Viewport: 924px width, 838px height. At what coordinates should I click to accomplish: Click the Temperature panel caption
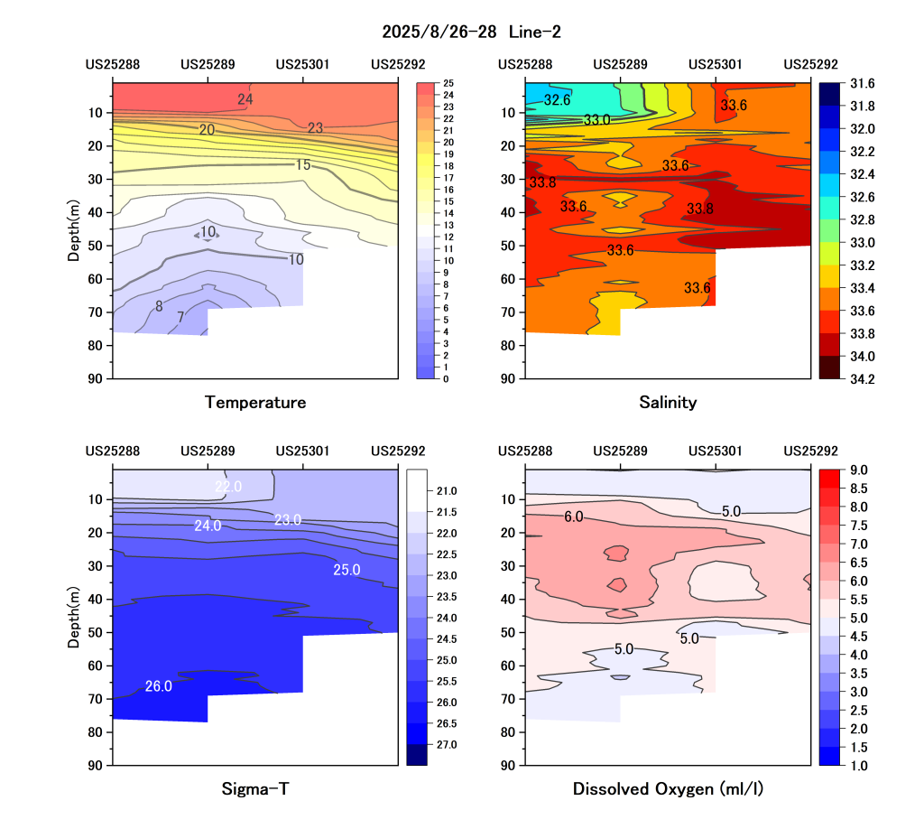tap(255, 403)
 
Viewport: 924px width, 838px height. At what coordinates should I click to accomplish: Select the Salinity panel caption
tap(668, 403)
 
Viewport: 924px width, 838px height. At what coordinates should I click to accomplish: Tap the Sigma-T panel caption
tap(255, 789)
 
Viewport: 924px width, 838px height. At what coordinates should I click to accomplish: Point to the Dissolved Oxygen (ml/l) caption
tap(668, 789)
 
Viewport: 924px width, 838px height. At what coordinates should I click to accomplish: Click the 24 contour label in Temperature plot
tap(245, 99)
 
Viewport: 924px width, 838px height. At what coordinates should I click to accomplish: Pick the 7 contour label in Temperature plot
tap(180, 317)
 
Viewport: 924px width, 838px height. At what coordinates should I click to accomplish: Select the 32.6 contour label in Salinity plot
tap(557, 99)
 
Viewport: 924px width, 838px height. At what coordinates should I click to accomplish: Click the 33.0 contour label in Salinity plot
tap(596, 119)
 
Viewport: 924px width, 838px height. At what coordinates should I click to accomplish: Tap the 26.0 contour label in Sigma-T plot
tap(158, 686)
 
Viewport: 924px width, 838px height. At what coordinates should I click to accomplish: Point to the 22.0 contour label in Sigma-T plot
tap(228, 487)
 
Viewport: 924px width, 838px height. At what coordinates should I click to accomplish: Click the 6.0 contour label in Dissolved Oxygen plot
tap(573, 517)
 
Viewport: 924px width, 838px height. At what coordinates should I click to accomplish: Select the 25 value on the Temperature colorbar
tap(448, 83)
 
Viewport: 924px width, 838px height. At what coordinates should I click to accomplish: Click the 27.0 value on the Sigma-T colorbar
tap(448, 744)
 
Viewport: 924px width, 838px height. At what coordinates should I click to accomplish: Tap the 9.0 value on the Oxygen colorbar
tap(859, 470)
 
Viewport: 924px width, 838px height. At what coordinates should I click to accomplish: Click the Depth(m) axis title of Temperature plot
tap(73, 230)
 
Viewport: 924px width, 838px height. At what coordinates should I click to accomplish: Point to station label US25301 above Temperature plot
tap(302, 64)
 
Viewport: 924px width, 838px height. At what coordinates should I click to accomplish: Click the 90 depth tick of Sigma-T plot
tap(96, 765)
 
